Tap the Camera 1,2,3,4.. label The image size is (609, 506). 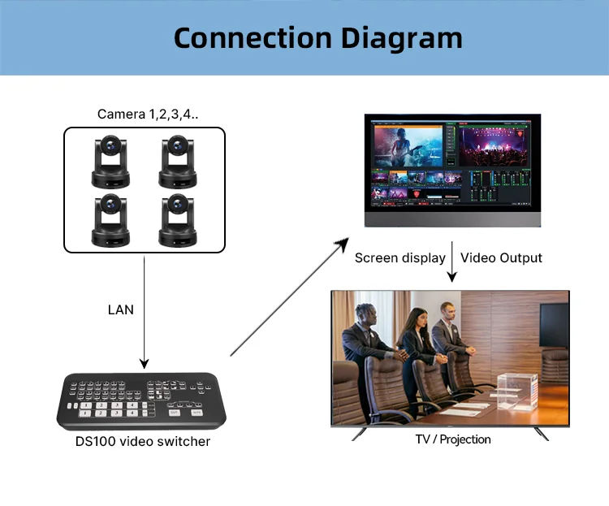coord(148,114)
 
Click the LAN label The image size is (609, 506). coord(121,309)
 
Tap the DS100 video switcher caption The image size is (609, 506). coord(142,442)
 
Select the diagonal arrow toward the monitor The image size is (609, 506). coord(289,299)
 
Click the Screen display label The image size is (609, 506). coord(400,258)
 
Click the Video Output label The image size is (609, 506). coord(501,258)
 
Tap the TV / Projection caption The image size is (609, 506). coord(452,439)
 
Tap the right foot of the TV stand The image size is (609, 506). coord(542,435)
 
